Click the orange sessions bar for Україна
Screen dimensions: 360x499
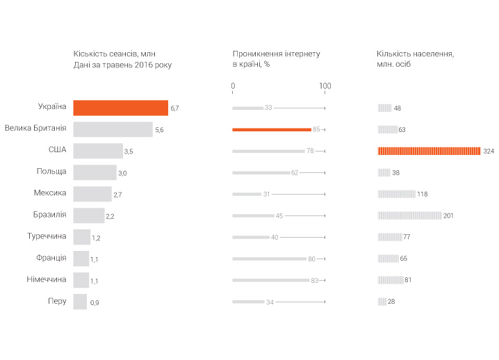pos(120,108)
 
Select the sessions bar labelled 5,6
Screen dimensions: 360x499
pos(113,129)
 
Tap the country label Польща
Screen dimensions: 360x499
pos(51,172)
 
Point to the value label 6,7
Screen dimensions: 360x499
pos(175,108)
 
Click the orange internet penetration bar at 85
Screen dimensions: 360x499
pos(272,129)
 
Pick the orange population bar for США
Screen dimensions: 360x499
pos(429,151)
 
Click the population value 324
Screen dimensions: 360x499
pos(489,152)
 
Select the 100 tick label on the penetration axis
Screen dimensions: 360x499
pos(325,86)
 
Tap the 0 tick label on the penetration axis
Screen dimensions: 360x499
pos(233,86)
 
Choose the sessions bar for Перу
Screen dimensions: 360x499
pos(80,302)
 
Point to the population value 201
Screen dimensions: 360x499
pos(448,215)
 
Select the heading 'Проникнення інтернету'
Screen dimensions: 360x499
pos(276,54)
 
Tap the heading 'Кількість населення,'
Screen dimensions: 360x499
pos(415,54)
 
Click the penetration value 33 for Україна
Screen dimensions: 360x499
pos(268,108)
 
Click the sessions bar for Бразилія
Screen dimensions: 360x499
pos(89,215)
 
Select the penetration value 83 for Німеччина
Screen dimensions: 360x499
pos(314,280)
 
